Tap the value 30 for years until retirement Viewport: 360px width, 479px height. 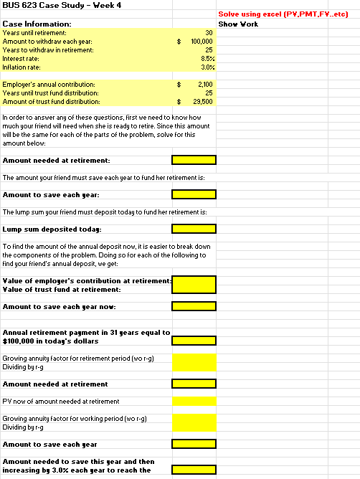click(209, 33)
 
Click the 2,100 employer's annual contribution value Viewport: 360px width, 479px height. click(206, 85)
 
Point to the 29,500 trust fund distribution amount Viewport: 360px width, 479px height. click(204, 102)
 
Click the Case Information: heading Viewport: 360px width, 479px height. click(37, 24)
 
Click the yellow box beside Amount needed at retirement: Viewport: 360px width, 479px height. click(194, 160)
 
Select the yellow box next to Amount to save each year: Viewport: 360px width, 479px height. click(194, 194)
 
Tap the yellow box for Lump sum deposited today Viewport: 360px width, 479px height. click(194, 229)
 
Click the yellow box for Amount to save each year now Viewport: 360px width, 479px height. click(194, 306)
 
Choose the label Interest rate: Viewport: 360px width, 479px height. click(22, 58)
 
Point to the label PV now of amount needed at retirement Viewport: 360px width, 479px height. click(61, 401)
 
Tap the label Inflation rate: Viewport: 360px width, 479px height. click(22, 67)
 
